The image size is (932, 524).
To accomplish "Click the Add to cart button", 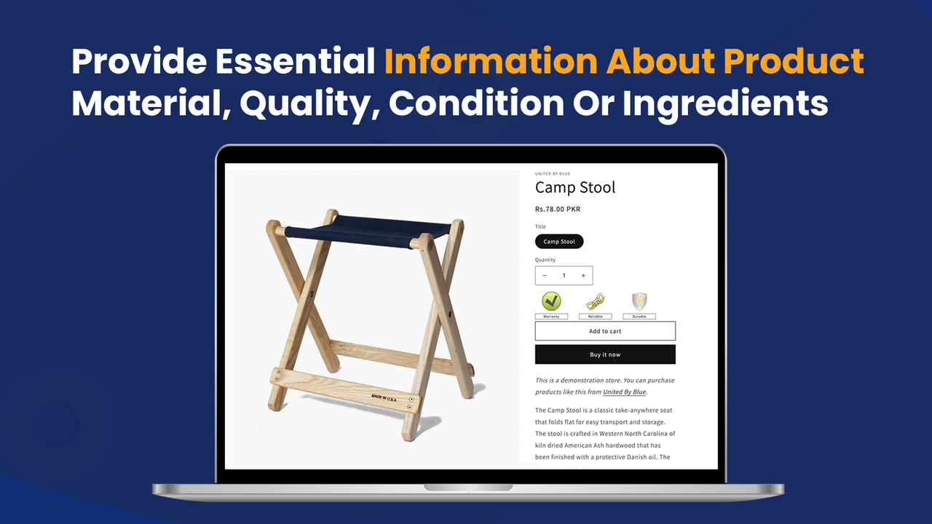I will pos(605,331).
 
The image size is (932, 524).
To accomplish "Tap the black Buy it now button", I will pos(605,354).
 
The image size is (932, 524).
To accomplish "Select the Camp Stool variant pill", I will pos(559,242).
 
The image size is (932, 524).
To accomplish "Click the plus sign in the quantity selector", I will pos(583,276).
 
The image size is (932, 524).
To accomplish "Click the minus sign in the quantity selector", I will pos(545,276).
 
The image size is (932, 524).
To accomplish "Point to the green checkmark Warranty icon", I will pos(551,301).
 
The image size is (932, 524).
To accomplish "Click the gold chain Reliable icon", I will pos(596,301).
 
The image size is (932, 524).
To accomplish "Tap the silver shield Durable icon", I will pos(639,301).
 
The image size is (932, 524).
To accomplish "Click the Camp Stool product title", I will pos(575,188).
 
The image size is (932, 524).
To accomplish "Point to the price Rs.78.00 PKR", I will pos(558,210).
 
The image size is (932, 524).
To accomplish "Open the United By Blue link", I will pos(624,392).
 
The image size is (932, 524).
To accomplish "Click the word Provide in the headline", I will pos(138,63).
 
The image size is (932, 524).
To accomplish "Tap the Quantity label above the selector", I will pos(545,260).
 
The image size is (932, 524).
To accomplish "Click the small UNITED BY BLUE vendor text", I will pos(553,174).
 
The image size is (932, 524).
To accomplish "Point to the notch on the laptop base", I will pos(468,487).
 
